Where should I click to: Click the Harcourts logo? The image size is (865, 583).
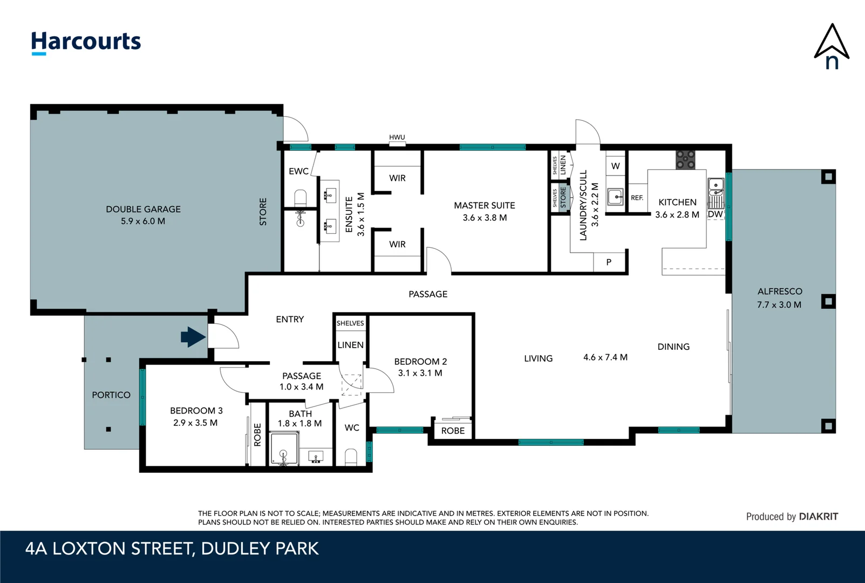pyautogui.click(x=86, y=42)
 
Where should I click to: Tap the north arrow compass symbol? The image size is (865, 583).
pyautogui.click(x=832, y=47)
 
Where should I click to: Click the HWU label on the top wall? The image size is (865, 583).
pyautogui.click(x=397, y=138)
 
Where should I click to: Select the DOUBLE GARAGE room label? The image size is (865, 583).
pyautogui.click(x=143, y=209)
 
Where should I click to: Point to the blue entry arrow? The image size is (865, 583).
pyautogui.click(x=193, y=337)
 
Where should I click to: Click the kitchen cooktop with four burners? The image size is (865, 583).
pyautogui.click(x=685, y=160)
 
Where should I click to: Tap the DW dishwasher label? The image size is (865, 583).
pyautogui.click(x=715, y=214)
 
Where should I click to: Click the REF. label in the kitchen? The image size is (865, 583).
pyautogui.click(x=637, y=198)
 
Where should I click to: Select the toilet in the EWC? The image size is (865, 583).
pyautogui.click(x=301, y=198)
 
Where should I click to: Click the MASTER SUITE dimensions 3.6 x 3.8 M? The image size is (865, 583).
pyautogui.click(x=485, y=218)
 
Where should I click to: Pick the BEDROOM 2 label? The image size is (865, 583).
pyautogui.click(x=420, y=362)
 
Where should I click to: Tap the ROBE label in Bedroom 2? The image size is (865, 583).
pyautogui.click(x=453, y=431)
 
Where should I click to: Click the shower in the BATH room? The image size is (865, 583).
pyautogui.click(x=284, y=450)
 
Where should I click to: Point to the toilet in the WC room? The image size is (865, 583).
pyautogui.click(x=351, y=457)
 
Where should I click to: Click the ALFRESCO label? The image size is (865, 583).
pyautogui.click(x=779, y=291)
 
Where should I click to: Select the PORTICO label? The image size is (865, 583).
pyautogui.click(x=111, y=395)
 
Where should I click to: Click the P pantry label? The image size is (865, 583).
pyautogui.click(x=609, y=262)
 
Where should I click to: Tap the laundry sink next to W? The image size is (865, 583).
pyautogui.click(x=615, y=196)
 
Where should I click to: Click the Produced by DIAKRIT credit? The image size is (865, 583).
pyautogui.click(x=792, y=517)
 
